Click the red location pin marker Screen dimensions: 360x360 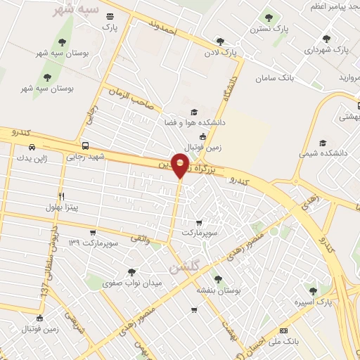tap(181, 165)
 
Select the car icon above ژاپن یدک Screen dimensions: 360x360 tap(32, 147)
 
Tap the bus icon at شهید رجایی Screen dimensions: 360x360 tap(85, 146)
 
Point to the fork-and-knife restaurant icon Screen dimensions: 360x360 tap(61, 196)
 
